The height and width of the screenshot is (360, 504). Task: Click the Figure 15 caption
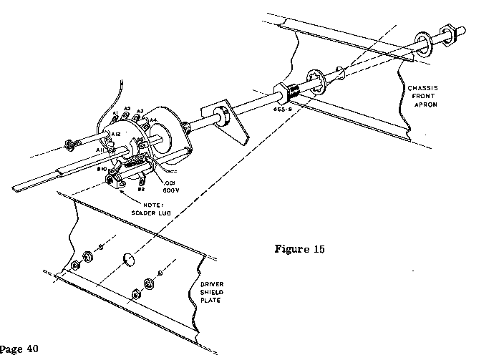click(x=300, y=250)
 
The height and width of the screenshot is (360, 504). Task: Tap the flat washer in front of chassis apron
click(x=425, y=42)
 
